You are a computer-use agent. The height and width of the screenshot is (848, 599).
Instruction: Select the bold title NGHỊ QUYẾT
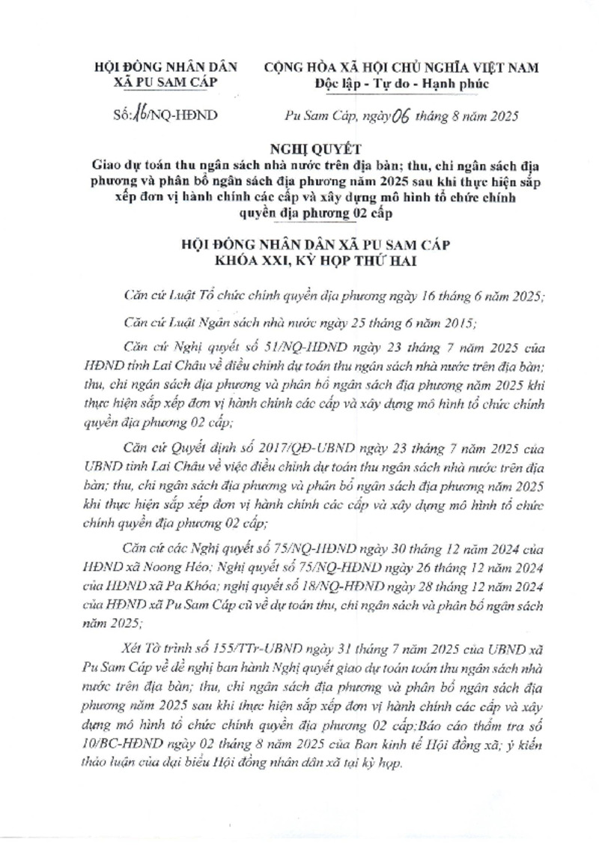(x=299, y=148)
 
